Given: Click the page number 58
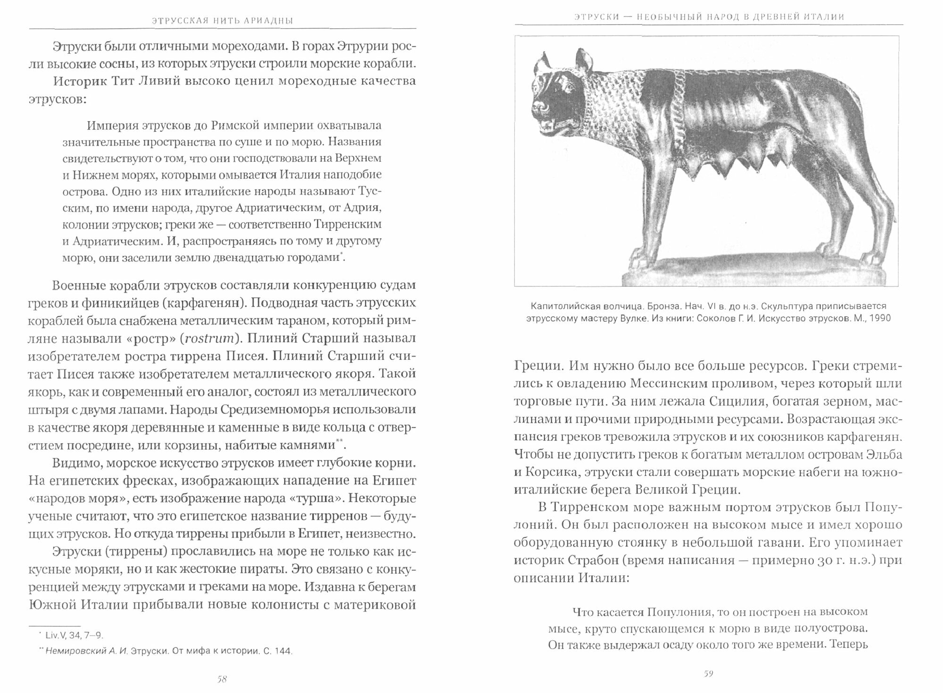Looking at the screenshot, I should (x=222, y=679).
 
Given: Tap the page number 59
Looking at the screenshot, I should (x=708, y=674).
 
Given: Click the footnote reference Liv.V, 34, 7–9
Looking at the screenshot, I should (x=71, y=635).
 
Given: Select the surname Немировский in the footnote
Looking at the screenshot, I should (x=75, y=652).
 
